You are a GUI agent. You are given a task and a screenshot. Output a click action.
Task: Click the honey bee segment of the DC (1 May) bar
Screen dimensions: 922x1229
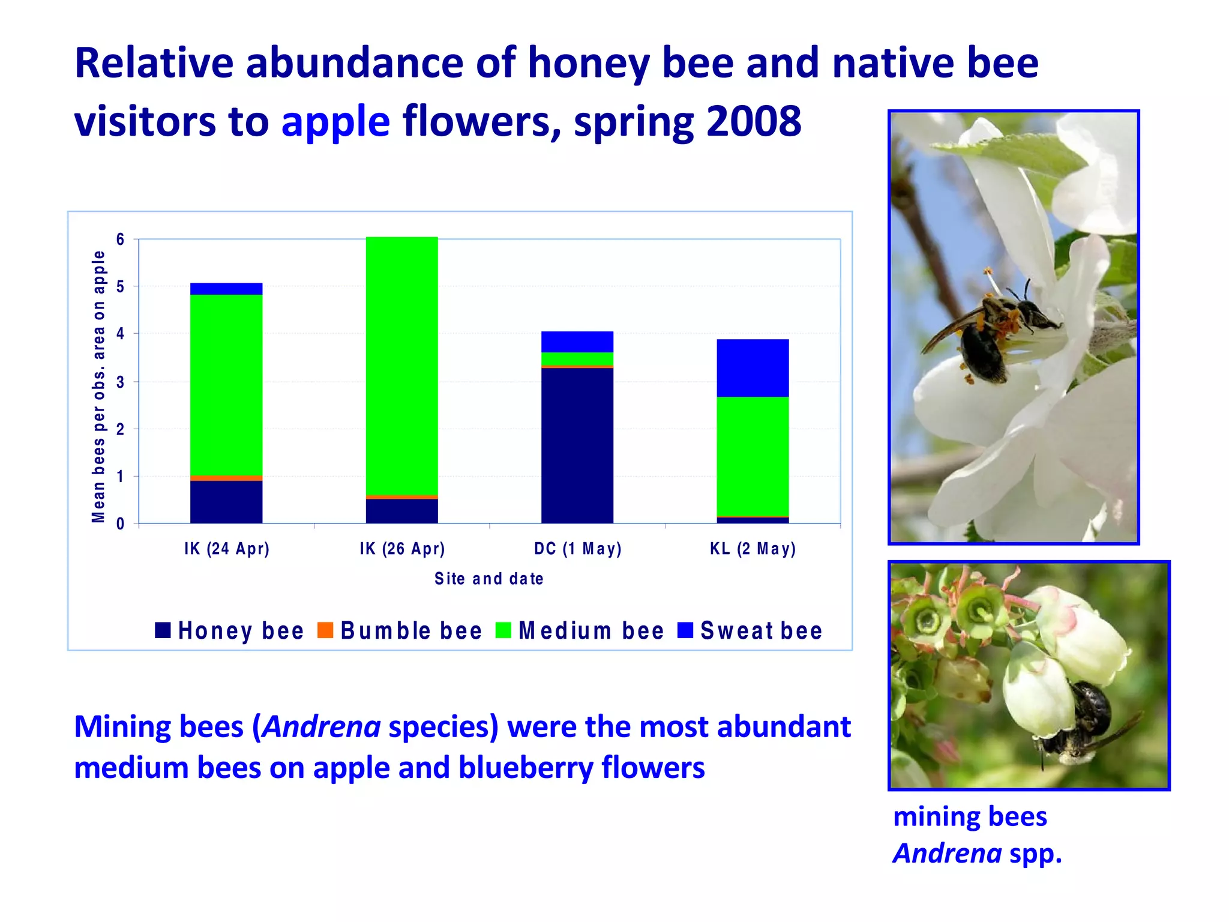point(577,445)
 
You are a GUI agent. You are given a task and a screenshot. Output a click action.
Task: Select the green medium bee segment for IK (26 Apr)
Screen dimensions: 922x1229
point(401,366)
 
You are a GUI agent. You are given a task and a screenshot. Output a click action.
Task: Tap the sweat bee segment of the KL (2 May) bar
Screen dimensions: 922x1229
point(753,368)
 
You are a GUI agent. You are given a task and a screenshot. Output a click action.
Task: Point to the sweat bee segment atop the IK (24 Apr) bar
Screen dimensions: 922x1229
point(226,289)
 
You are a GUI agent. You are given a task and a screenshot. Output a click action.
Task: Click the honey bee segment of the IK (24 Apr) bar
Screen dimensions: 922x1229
point(226,502)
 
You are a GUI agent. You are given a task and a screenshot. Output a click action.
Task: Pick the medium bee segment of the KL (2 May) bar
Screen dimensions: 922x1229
point(753,456)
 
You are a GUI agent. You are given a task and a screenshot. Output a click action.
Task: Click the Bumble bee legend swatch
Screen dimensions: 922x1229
point(325,630)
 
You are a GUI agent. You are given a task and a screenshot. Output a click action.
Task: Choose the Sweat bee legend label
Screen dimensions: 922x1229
point(761,631)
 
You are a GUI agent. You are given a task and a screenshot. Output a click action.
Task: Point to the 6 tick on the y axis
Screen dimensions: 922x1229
point(121,240)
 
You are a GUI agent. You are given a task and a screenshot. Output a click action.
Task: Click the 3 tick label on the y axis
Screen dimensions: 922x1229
point(121,382)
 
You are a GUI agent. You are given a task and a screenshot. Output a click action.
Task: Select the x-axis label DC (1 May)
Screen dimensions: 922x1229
point(577,549)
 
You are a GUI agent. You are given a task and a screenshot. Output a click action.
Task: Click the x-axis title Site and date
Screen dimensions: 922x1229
point(489,579)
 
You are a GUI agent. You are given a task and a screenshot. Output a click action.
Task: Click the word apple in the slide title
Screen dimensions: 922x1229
point(335,121)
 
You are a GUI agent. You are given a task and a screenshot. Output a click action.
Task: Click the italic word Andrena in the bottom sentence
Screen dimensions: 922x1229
point(322,726)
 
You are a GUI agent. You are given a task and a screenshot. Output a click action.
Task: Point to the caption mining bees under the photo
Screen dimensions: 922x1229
point(970,816)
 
